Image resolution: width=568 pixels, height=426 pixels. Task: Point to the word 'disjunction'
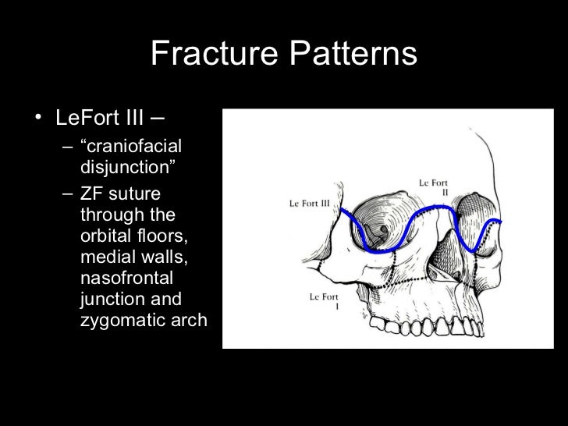point(126,167)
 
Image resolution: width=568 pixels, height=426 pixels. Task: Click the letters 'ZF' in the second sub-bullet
point(92,194)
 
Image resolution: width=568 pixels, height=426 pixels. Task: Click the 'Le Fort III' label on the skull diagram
point(311,203)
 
